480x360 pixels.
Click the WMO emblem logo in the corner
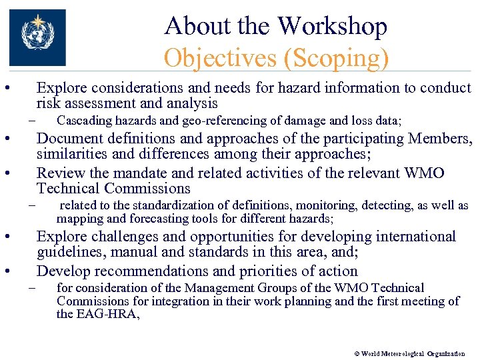click(x=37, y=37)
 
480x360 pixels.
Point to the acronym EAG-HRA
click(x=108, y=314)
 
